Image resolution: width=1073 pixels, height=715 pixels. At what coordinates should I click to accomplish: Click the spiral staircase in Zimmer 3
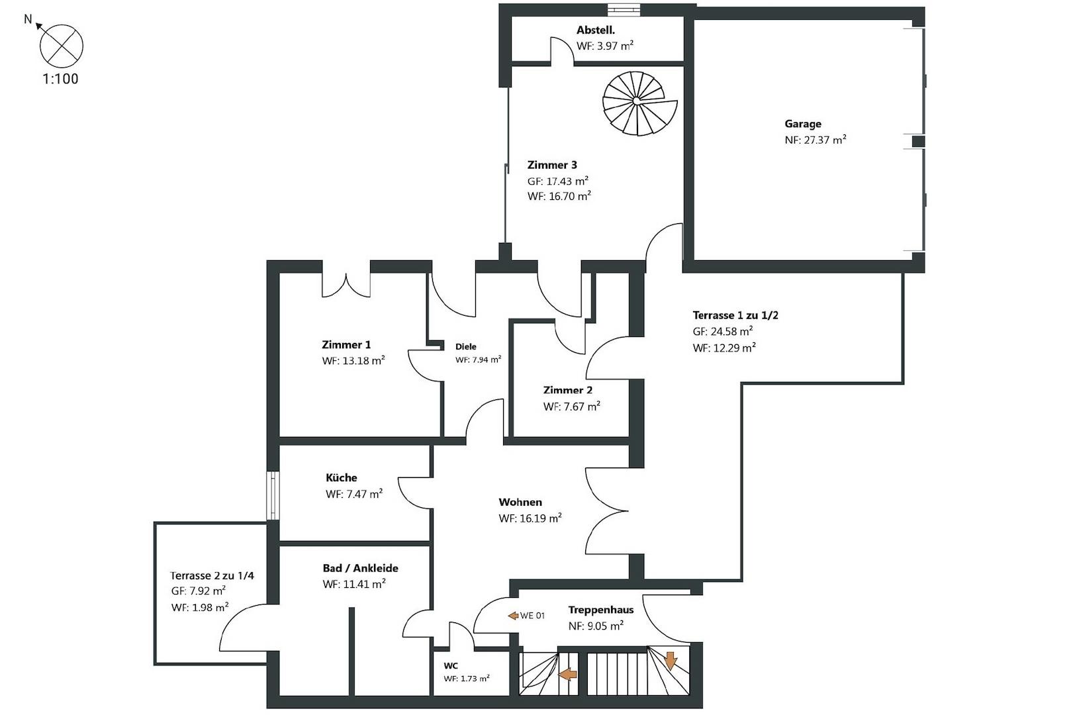(x=639, y=103)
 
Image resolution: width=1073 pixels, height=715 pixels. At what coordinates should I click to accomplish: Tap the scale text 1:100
(x=60, y=79)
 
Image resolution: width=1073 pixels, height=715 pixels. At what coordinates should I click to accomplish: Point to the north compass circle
(x=62, y=46)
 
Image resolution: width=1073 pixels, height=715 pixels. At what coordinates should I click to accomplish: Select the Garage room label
(x=803, y=124)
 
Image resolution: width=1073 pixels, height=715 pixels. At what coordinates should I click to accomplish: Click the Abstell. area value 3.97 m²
(x=605, y=46)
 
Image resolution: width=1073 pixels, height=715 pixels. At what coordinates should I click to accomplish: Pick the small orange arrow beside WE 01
(x=513, y=616)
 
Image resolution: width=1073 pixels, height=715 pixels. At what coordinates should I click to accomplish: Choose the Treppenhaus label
(x=600, y=610)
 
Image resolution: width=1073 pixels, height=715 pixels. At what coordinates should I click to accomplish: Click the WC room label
(x=450, y=665)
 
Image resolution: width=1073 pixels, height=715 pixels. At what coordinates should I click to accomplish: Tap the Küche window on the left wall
(x=273, y=495)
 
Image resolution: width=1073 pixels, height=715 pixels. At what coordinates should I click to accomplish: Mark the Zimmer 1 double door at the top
(x=346, y=285)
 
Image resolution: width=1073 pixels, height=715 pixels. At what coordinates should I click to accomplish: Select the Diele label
(x=465, y=346)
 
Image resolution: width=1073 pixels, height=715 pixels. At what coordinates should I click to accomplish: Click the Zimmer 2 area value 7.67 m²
(x=571, y=406)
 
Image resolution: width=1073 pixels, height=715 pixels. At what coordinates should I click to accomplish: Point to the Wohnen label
(x=520, y=502)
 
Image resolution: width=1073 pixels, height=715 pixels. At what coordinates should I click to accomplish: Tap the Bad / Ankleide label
(x=360, y=568)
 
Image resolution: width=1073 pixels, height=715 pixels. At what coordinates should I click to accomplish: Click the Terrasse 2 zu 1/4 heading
(x=212, y=575)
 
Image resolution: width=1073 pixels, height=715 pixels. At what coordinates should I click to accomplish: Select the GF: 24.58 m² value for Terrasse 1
(x=722, y=332)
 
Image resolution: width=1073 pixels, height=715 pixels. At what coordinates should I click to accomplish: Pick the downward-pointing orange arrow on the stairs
(x=670, y=661)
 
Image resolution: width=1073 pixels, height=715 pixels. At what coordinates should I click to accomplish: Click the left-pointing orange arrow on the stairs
(x=568, y=675)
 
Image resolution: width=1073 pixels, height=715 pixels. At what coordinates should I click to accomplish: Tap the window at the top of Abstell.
(x=624, y=9)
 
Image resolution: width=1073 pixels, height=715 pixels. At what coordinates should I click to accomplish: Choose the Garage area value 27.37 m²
(x=816, y=140)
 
